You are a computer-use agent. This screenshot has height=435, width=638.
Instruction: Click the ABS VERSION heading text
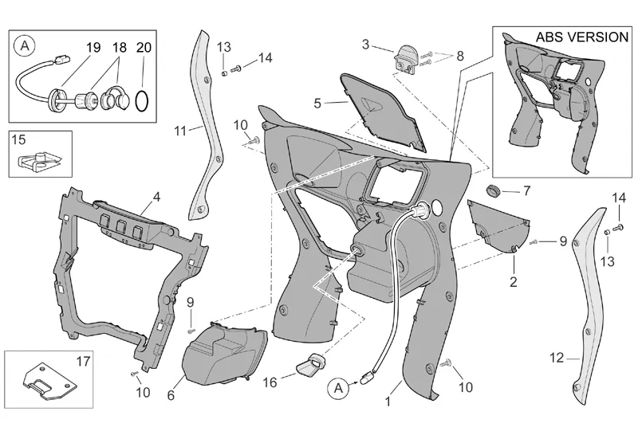click(582, 37)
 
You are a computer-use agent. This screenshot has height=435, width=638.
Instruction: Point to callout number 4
click(156, 197)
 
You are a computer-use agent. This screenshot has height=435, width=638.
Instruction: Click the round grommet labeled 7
click(494, 190)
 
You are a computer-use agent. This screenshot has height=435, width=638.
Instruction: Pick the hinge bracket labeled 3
click(406, 60)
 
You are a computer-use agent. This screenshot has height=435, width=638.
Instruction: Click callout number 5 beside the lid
click(317, 104)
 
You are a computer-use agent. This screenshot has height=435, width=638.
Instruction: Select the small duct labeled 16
click(312, 364)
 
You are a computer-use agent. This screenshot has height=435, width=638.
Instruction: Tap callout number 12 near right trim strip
click(557, 358)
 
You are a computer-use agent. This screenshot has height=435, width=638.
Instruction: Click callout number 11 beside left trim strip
click(180, 131)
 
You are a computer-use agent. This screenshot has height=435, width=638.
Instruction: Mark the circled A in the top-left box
click(25, 46)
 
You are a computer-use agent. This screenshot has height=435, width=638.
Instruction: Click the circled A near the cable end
click(338, 389)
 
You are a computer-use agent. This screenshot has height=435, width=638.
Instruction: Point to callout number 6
click(171, 394)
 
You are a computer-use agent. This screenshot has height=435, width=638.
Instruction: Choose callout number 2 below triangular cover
click(514, 281)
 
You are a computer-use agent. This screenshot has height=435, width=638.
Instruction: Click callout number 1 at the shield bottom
click(388, 402)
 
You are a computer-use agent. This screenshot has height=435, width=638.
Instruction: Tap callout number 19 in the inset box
click(93, 47)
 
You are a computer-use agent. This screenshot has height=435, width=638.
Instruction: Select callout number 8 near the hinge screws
click(460, 56)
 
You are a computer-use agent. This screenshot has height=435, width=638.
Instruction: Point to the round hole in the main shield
click(436, 207)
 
